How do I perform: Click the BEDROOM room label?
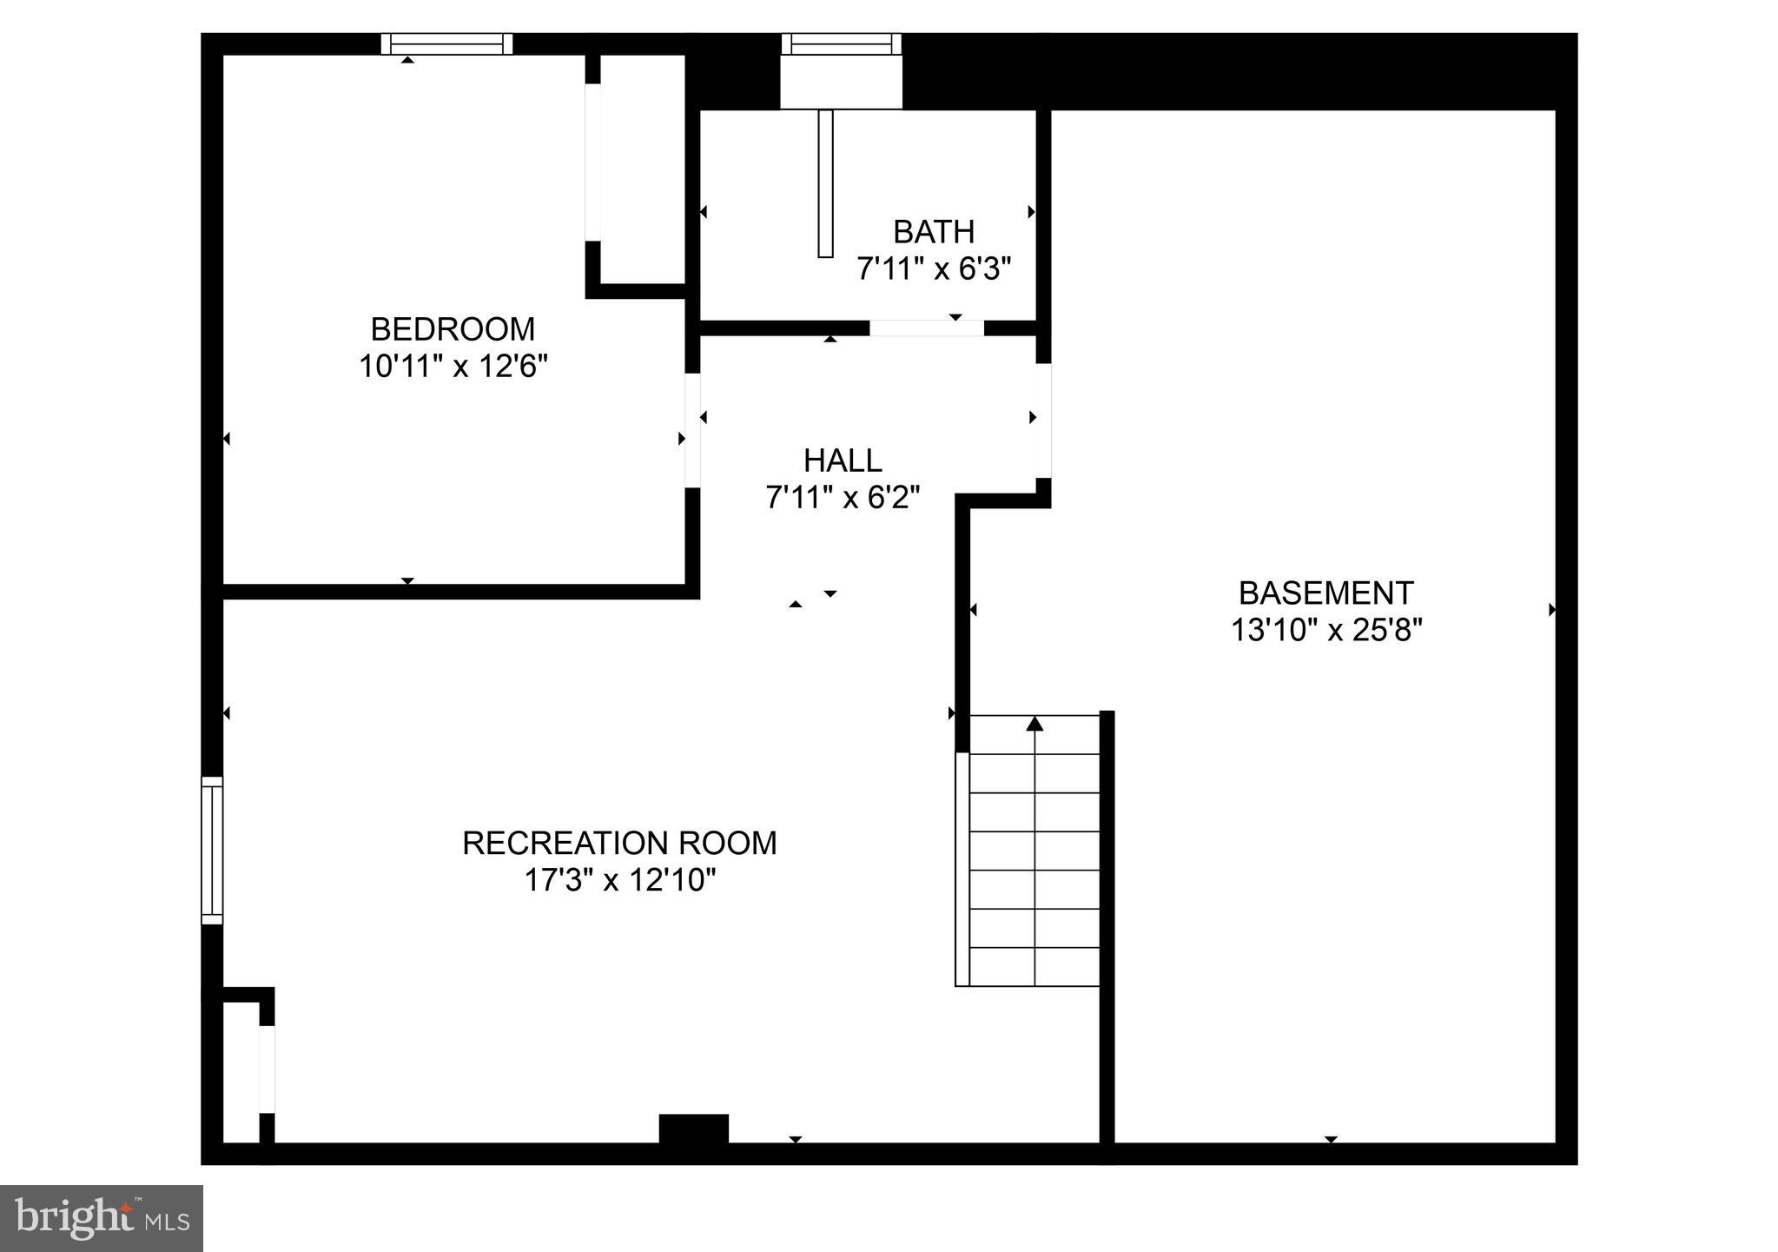[453, 329]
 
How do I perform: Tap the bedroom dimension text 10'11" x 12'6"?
[453, 367]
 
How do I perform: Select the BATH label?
[934, 232]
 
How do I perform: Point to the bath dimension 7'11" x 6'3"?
[934, 269]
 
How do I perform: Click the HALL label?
[843, 460]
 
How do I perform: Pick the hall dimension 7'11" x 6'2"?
[843, 498]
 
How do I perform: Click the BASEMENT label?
[1325, 593]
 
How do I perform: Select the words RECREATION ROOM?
[619, 843]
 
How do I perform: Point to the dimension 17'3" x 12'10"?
[619, 881]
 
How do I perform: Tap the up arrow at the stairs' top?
[1034, 724]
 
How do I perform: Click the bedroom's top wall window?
[446, 43]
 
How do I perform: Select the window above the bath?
[841, 43]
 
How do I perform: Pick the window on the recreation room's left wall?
[212, 850]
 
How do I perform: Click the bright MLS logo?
[102, 1218]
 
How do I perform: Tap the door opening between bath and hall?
[926, 328]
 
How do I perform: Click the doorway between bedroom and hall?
[692, 430]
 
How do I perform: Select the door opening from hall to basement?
[1043, 421]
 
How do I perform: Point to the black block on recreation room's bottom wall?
[693, 1129]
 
